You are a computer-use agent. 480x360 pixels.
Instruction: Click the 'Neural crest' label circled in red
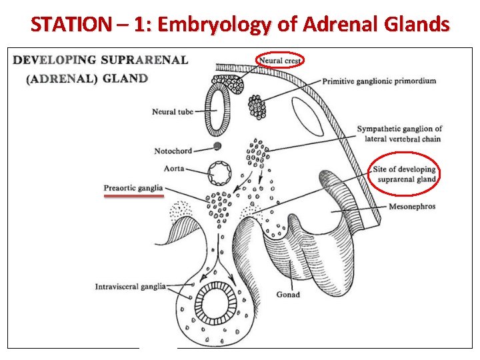(x=280, y=61)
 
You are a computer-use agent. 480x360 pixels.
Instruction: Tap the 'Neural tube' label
(x=173, y=111)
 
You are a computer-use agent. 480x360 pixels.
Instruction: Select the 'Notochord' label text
(x=173, y=151)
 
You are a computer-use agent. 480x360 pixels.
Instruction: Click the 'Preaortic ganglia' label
(x=133, y=188)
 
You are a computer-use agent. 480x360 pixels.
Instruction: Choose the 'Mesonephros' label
(x=412, y=207)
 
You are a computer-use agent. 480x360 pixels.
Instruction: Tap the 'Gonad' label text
(x=288, y=294)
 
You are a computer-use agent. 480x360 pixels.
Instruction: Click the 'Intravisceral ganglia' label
(x=130, y=287)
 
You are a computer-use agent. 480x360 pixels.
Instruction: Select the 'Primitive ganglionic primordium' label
(x=379, y=81)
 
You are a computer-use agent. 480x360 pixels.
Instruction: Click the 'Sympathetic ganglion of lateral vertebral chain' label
(x=399, y=133)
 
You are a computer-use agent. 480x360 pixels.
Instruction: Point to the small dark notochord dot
(x=217, y=146)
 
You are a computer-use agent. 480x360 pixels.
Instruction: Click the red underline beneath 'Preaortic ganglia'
(x=133, y=197)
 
